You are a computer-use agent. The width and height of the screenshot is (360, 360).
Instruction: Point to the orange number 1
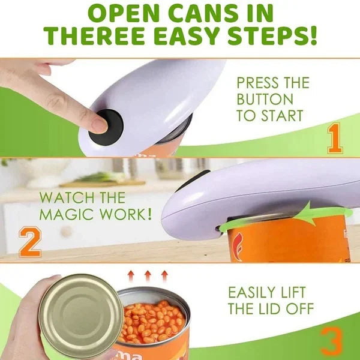pyautogui.click(x=334, y=139)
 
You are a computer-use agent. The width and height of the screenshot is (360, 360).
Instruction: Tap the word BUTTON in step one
pyautogui.click(x=265, y=99)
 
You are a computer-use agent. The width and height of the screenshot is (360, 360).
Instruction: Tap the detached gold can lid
pyautogui.click(x=81, y=316)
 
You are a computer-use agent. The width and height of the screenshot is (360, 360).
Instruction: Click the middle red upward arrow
pyautogui.click(x=147, y=277)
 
